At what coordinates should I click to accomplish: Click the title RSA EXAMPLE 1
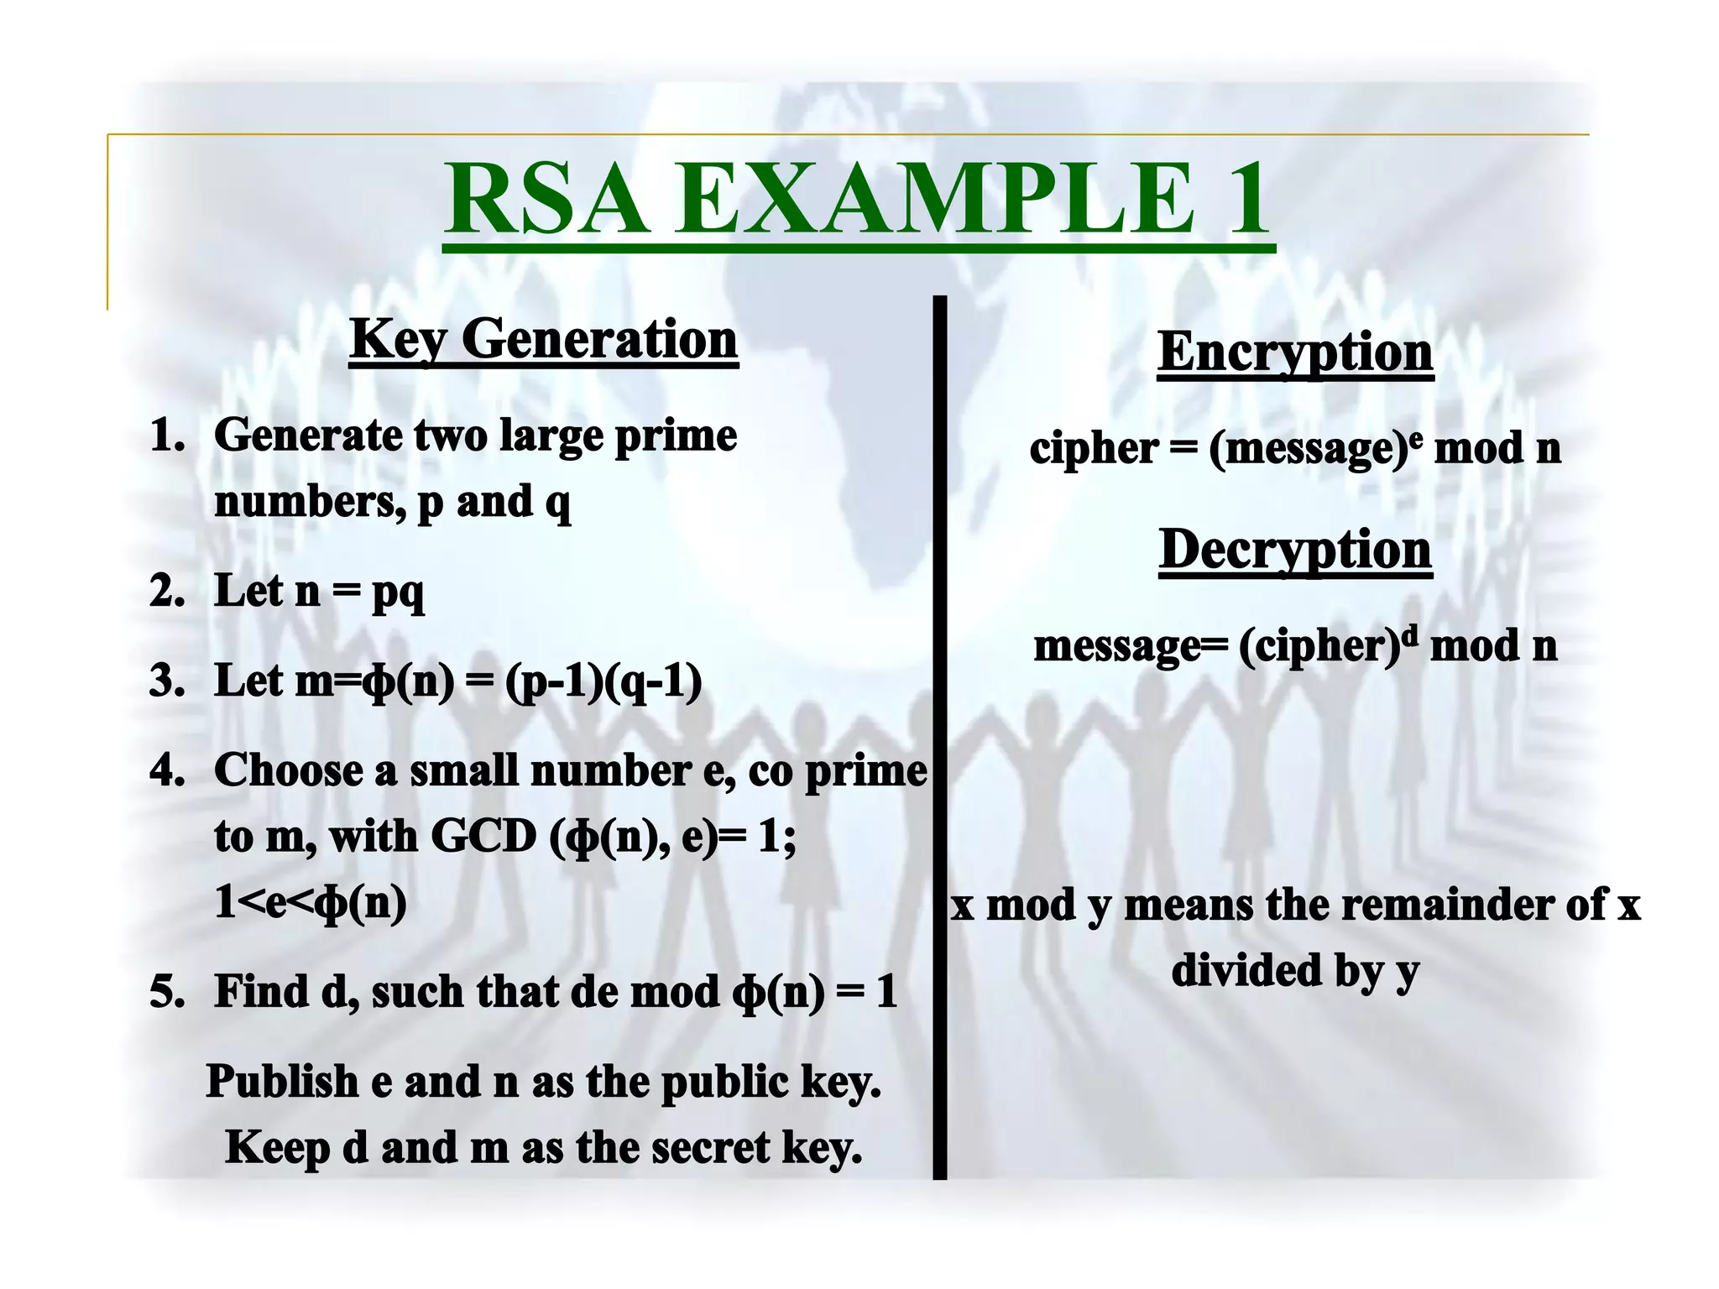coord(858,200)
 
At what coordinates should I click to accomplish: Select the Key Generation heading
coord(543,340)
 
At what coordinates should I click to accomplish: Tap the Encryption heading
coord(1295,352)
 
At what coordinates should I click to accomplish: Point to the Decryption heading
coord(1295,551)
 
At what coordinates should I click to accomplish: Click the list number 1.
coord(167,436)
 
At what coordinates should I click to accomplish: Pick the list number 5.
coord(167,992)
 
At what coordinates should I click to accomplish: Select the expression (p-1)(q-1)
coord(603,681)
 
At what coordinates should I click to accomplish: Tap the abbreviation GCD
coord(483,837)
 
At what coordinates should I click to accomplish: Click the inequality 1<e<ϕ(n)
coord(311,904)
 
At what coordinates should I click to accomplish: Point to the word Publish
coord(282,1082)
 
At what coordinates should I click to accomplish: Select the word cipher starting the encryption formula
coord(1093,449)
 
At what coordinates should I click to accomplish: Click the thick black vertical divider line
coord(940,738)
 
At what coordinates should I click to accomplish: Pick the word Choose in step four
coord(288,770)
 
